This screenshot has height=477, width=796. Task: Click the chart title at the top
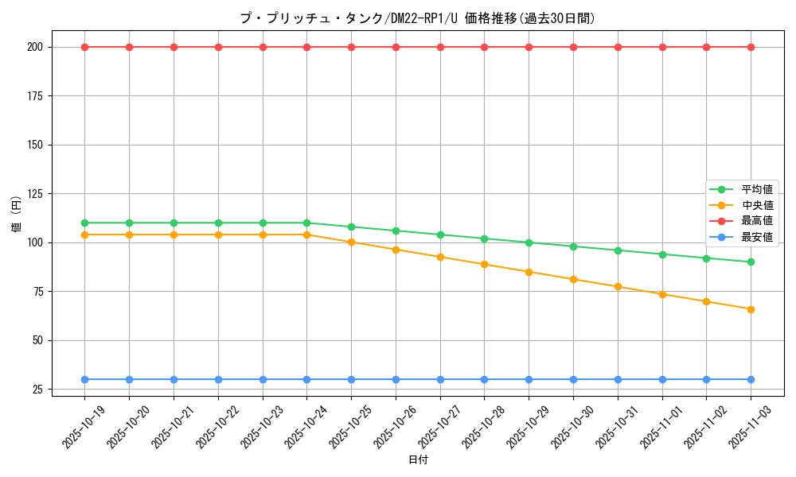tap(417, 18)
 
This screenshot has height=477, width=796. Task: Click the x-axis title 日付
tap(418, 460)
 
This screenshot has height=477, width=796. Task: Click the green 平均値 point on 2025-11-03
tap(751, 262)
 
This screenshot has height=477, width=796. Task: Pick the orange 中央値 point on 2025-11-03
tap(751, 309)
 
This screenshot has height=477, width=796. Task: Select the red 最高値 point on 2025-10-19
tap(84, 47)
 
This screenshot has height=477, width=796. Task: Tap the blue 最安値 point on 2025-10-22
tap(218, 379)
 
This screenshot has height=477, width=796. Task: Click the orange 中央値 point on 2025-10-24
tap(306, 235)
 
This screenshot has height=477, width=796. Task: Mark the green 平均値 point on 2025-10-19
tap(84, 223)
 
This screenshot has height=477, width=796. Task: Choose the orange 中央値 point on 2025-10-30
tap(573, 279)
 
